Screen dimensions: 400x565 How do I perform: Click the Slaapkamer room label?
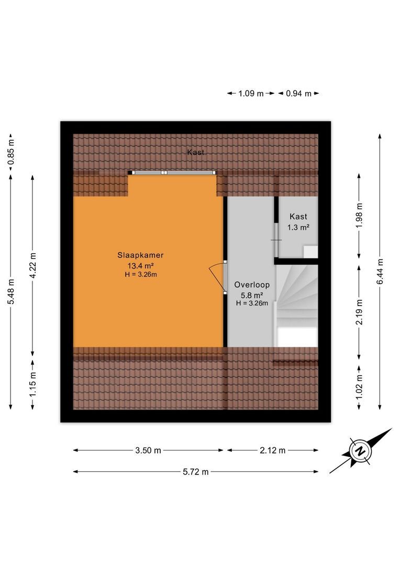click(x=140, y=255)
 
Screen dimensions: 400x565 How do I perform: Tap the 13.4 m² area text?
click(x=140, y=266)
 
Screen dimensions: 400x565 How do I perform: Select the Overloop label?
click(x=252, y=285)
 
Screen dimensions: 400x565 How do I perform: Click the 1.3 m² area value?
click(x=298, y=228)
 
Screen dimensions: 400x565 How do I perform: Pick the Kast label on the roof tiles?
click(x=196, y=152)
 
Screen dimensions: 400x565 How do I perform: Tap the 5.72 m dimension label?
click(x=196, y=472)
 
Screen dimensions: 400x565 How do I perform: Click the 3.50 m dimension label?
click(x=148, y=450)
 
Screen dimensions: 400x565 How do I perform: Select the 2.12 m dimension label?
click(x=273, y=450)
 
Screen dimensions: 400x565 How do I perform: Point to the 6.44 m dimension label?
click(x=380, y=271)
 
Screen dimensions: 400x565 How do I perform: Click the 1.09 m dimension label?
click(x=251, y=94)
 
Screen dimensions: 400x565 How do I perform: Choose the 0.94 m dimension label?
click(x=298, y=94)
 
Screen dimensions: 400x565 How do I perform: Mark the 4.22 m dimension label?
click(x=33, y=266)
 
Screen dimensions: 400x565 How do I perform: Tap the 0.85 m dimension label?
click(x=11, y=152)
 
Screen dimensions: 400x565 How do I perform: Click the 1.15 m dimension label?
click(x=33, y=384)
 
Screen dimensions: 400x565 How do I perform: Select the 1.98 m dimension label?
click(x=359, y=216)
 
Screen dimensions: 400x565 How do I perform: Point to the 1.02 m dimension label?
click(x=359, y=387)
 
